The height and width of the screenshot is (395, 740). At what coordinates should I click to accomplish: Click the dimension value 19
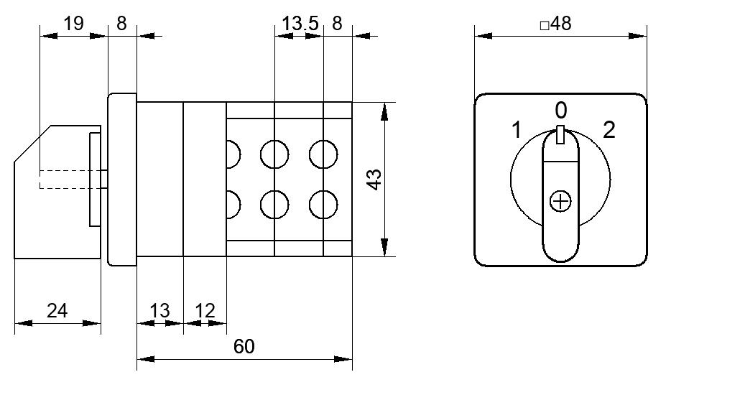coord(73,23)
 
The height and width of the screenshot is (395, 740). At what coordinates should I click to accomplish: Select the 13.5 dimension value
coord(300,23)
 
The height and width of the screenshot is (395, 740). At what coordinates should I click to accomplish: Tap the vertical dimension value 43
coord(374,180)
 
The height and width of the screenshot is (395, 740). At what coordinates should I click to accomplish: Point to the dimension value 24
coord(57,310)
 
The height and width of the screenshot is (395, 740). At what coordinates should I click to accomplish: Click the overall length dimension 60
coord(244,347)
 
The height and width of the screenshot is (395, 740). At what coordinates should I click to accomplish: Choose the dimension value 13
coord(159,310)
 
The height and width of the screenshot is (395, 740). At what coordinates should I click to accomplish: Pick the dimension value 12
coord(205,310)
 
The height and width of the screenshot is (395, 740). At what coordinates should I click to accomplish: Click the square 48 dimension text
coord(555,24)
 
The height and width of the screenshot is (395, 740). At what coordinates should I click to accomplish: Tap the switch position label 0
coord(560,111)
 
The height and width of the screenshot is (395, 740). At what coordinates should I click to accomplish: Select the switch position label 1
coord(517,130)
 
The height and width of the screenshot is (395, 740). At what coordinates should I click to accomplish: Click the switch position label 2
coord(609,130)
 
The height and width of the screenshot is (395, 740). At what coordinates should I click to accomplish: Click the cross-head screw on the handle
coord(560,202)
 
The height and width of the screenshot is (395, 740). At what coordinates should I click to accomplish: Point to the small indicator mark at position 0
coord(560,134)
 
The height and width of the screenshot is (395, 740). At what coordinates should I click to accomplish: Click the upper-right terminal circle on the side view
coord(323,154)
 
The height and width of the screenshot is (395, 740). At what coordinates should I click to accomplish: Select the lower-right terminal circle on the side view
coord(323,205)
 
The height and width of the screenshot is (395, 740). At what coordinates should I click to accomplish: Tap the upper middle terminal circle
coord(274,154)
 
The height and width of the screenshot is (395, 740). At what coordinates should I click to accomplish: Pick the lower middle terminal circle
coord(274,205)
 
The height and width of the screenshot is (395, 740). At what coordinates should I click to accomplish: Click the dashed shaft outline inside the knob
coord(71,180)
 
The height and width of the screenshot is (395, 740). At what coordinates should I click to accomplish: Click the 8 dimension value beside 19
coord(121,23)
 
